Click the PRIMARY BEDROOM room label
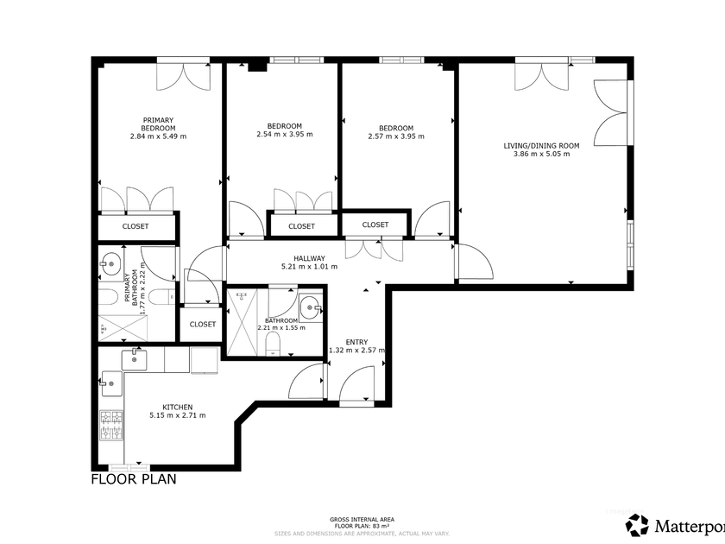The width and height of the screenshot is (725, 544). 158,124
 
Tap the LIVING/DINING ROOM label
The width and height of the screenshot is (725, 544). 541,146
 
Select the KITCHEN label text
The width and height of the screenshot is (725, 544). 178,407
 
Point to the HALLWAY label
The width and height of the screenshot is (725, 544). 309,258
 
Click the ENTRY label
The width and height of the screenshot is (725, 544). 356,342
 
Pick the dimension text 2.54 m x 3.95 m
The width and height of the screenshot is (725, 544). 284,134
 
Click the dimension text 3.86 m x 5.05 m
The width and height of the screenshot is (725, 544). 541,154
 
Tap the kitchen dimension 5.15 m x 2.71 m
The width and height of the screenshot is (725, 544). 178,415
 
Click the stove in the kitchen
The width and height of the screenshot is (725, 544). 111,425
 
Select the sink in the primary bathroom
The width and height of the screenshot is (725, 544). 110,264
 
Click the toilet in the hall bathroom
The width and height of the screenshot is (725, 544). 274,345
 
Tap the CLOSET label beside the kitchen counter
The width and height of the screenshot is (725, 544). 203,325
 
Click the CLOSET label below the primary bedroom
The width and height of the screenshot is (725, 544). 136,226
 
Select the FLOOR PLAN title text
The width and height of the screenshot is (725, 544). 134,479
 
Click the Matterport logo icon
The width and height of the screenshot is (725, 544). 637,526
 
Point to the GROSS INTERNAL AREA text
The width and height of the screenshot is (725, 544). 362,520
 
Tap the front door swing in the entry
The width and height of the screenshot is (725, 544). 356,383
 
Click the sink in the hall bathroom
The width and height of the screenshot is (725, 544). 309,307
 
